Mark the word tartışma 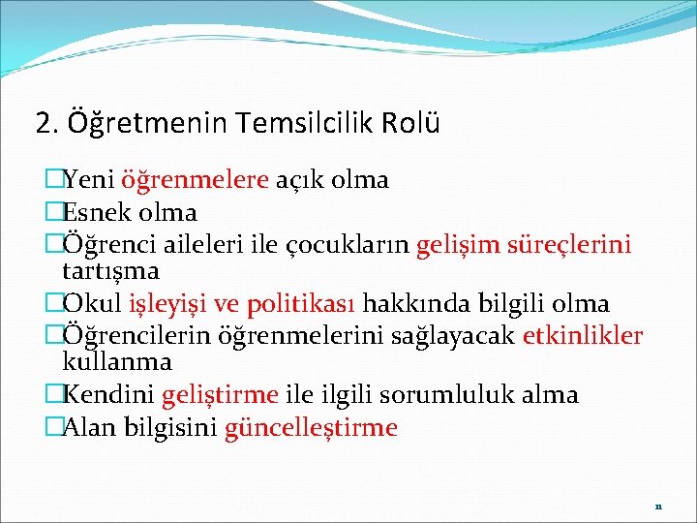pyautogui.click(x=110, y=270)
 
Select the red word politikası pyautogui.click(x=301, y=304)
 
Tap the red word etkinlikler pyautogui.click(x=582, y=336)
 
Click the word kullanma pyautogui.click(x=116, y=362)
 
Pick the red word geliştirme pyautogui.click(x=220, y=395)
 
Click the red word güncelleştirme pyautogui.click(x=311, y=428)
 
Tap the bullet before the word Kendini pyautogui.click(x=53, y=395)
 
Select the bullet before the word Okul pyautogui.click(x=53, y=304)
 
